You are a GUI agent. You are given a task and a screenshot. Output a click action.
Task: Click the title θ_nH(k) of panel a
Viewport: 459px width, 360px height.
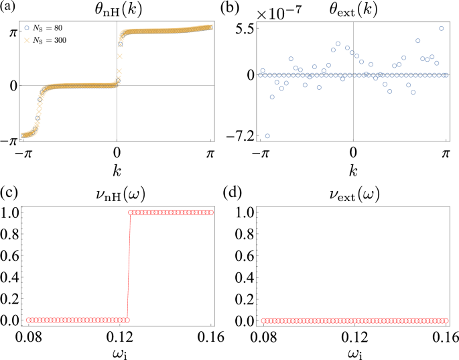click(x=117, y=9)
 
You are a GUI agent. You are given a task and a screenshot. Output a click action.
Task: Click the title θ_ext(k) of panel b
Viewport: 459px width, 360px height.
click(x=352, y=9)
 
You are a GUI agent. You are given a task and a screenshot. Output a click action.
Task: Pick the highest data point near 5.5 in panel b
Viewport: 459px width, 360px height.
click(x=442, y=28)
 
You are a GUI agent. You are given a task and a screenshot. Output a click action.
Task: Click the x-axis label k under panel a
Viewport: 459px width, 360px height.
click(x=117, y=170)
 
